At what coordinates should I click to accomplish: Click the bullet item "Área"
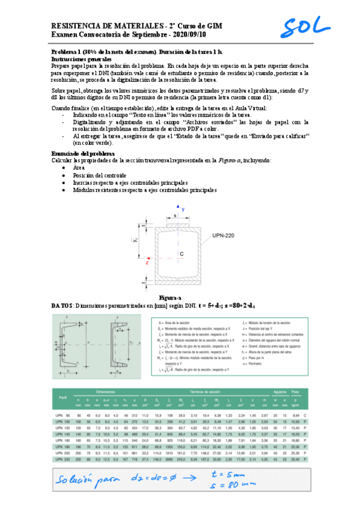78,167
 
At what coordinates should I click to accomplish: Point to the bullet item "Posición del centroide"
100,174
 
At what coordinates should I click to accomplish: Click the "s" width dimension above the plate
175,214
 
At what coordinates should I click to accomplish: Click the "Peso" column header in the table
294,391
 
